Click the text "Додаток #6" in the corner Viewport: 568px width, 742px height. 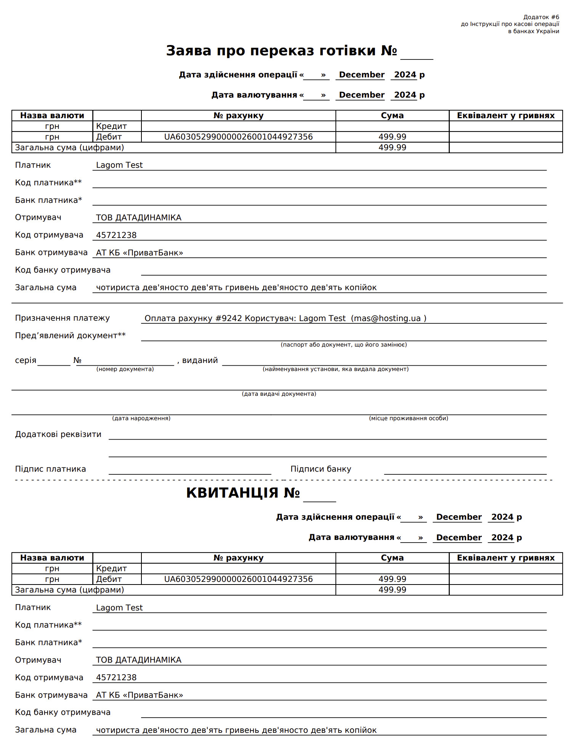[x=541, y=17]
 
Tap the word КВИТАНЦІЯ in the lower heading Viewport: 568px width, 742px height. [x=232, y=493]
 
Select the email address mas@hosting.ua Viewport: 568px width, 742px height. [x=387, y=318]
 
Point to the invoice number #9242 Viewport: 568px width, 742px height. [x=229, y=318]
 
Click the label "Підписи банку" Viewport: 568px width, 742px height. [x=321, y=469]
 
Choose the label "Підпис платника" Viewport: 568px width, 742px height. [x=50, y=469]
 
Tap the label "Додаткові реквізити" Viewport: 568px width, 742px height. [x=58, y=434]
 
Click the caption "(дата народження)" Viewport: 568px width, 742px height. [x=141, y=418]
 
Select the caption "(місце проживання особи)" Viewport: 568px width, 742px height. [x=408, y=418]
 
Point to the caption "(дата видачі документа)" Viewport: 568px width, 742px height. [x=279, y=394]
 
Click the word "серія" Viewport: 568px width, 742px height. [x=26, y=360]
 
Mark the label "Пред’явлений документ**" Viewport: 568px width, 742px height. [x=70, y=336]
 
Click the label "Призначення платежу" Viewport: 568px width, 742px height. [x=62, y=318]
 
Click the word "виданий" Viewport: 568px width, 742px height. [x=200, y=360]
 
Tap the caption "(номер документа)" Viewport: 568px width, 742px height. [x=125, y=369]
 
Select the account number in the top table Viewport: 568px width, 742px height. [x=238, y=137]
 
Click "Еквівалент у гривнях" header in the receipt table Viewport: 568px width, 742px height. [x=505, y=558]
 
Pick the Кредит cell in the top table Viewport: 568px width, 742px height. [x=111, y=126]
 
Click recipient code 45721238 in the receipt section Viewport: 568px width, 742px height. [x=116, y=678]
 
